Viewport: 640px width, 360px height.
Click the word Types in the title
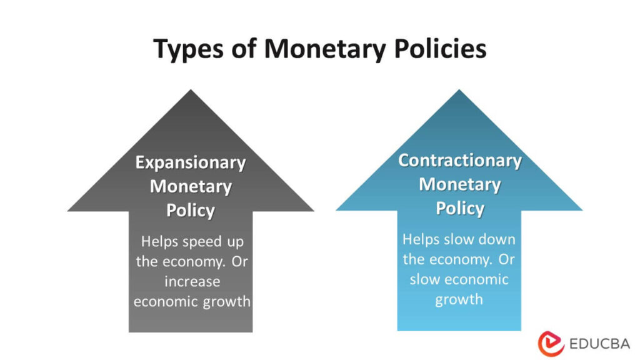pos(186,49)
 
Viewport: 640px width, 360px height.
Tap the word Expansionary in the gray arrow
pos(191,163)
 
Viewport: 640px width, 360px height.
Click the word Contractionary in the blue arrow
pos(460,161)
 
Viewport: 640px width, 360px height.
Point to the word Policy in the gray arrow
pos(191,211)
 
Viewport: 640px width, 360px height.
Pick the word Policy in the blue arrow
pos(460,208)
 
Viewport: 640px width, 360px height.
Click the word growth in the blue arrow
pos(459,299)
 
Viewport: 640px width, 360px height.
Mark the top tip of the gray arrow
pos(191,91)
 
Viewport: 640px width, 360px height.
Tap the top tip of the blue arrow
pos(459,91)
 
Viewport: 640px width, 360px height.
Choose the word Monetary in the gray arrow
pos(191,187)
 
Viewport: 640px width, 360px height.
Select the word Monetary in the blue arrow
pos(460,184)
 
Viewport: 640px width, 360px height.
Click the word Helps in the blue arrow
pos(420,239)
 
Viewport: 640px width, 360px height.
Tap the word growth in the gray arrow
pos(227,302)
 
